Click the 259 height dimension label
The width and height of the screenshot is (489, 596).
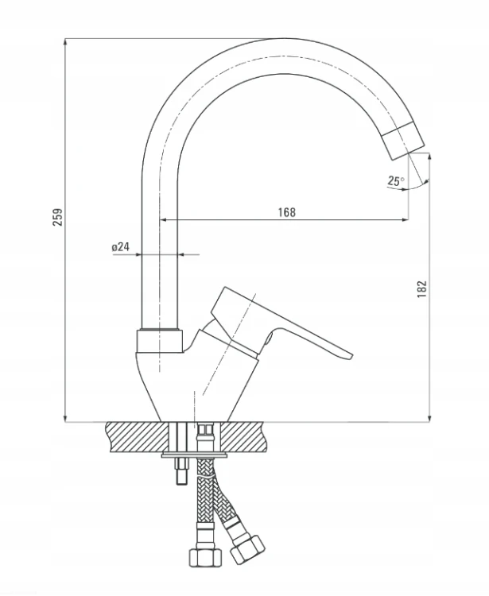coord(57,217)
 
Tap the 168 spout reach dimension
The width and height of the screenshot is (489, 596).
coord(286,211)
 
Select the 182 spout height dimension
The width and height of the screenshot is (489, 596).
coord(422,289)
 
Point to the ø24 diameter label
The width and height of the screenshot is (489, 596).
coord(121,246)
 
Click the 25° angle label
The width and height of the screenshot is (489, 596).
coord(396,180)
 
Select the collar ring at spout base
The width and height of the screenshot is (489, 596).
coord(160,341)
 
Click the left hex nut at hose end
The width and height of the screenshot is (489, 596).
coord(205,558)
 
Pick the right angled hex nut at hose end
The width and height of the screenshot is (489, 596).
coord(247,549)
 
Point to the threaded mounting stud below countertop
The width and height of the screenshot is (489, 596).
coord(181,470)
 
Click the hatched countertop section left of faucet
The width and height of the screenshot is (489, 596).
coord(138,437)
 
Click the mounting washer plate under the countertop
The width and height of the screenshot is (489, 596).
coord(194,455)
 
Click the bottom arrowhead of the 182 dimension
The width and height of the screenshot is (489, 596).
coord(429,417)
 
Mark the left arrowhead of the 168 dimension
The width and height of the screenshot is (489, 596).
coord(164,219)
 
